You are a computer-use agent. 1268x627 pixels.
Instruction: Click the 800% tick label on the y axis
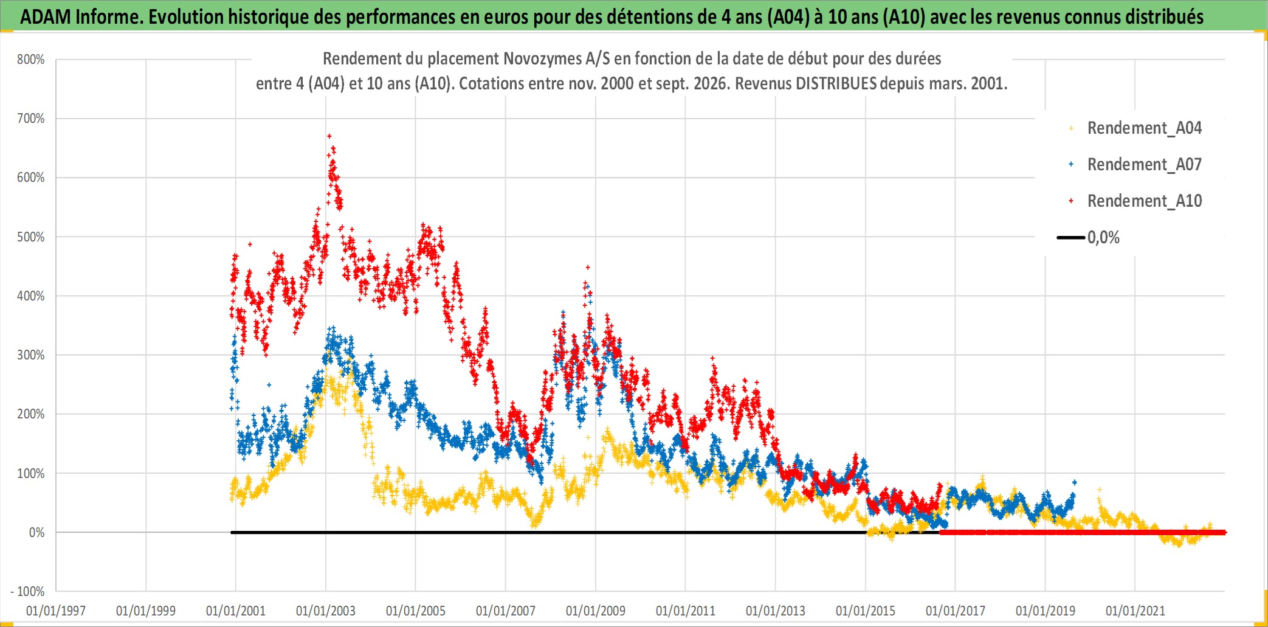(x=30, y=60)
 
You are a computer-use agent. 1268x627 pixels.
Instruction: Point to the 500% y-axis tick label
(x=30, y=237)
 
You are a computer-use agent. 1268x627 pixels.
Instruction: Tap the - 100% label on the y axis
(x=27, y=591)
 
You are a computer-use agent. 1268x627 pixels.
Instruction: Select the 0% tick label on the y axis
(x=36, y=533)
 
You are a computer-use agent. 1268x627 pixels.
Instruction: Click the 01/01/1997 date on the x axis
(x=56, y=611)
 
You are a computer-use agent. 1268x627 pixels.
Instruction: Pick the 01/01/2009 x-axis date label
(x=596, y=611)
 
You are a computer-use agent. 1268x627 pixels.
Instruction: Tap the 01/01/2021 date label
(x=1135, y=611)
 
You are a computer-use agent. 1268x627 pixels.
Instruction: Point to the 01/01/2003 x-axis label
(x=326, y=611)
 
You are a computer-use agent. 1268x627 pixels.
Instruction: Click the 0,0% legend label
(x=1103, y=237)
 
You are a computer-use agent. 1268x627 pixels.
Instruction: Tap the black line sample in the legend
(x=1071, y=237)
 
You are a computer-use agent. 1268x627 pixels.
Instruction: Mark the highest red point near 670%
(x=329, y=136)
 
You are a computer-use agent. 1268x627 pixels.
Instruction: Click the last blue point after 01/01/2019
(x=1075, y=482)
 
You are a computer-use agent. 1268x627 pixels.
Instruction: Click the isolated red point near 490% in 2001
(x=250, y=244)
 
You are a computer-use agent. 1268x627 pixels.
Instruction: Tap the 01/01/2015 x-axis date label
(x=866, y=611)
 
